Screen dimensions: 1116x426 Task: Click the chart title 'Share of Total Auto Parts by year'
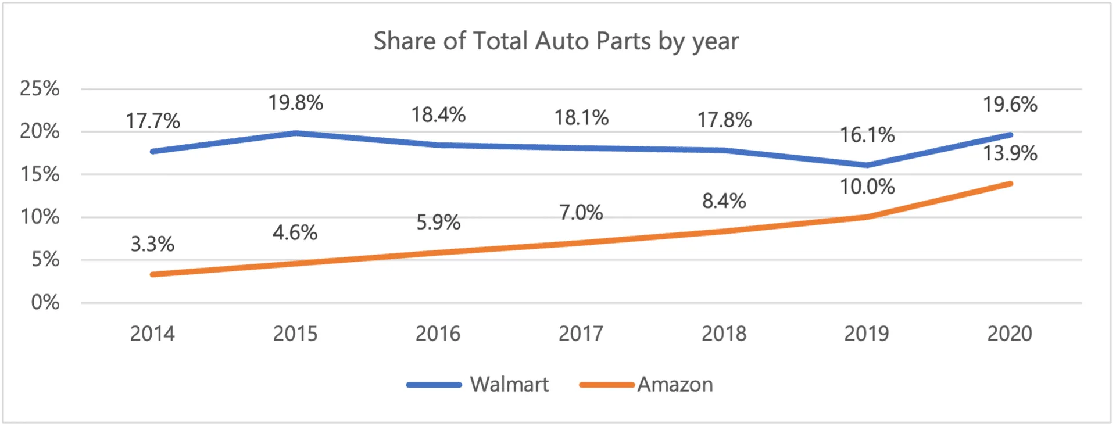(x=556, y=42)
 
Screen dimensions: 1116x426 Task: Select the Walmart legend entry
(x=478, y=385)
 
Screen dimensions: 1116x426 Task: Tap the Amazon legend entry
(x=646, y=385)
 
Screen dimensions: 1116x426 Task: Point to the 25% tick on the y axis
(x=40, y=88)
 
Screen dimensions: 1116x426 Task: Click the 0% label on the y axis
(x=45, y=302)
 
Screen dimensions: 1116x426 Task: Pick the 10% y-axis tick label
(x=40, y=217)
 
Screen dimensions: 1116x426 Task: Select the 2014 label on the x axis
(x=152, y=334)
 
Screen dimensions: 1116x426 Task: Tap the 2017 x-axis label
(x=581, y=334)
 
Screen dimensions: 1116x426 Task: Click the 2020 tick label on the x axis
(x=1010, y=334)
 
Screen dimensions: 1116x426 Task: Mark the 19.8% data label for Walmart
(x=295, y=103)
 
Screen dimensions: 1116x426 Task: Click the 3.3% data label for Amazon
(x=152, y=244)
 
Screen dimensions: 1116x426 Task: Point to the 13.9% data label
(x=1010, y=153)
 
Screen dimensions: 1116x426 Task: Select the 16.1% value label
(x=867, y=135)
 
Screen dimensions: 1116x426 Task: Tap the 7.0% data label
(x=581, y=213)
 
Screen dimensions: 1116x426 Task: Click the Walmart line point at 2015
(x=295, y=133)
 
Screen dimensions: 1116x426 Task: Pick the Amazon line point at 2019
(x=867, y=217)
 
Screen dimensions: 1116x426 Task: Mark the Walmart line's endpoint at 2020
(x=1010, y=135)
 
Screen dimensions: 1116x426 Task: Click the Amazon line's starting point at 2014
(x=152, y=274)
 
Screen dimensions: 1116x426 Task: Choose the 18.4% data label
(x=438, y=115)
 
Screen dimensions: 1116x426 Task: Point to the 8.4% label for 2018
(x=724, y=201)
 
